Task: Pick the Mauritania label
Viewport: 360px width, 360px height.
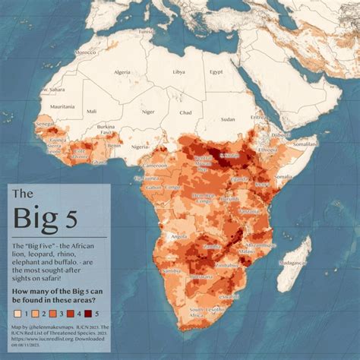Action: (62, 106)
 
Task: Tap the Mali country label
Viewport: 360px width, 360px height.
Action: (92, 112)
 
